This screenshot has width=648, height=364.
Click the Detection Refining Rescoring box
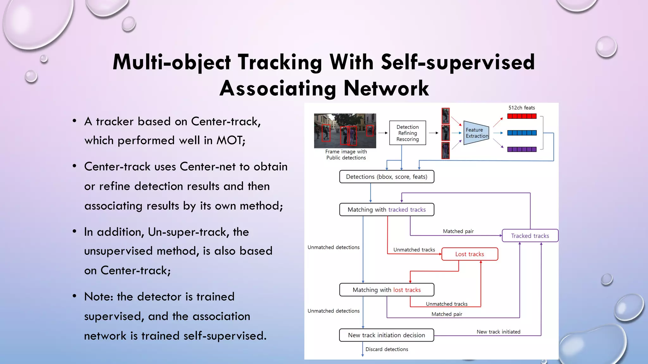coord(408,133)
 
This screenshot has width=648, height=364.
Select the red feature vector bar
coord(522,116)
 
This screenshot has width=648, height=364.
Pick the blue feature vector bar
coord(522,133)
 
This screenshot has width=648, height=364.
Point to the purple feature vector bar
coord(522,149)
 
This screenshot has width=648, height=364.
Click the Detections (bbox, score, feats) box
coord(386,177)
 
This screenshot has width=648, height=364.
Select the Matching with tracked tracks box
coord(386,209)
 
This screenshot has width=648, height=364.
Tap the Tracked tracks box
coord(530,236)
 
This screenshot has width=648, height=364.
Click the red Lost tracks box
coord(470,254)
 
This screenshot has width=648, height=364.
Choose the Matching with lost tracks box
coord(386,290)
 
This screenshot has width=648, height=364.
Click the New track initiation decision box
coord(386,335)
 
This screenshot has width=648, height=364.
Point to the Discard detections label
coord(387,349)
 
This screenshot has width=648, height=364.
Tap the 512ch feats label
coord(521,108)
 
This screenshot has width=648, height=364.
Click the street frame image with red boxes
coord(345,131)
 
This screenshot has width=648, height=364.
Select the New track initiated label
coord(498,332)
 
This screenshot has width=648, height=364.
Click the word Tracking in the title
coord(280,62)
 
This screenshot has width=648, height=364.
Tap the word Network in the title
coord(386,88)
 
